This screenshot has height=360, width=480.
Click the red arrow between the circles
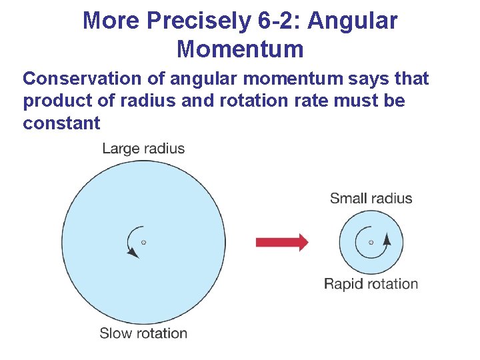282,242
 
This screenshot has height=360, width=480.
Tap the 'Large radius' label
143,148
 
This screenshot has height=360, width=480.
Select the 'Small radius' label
371,198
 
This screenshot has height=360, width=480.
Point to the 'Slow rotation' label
143,333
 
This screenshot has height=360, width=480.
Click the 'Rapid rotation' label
371,284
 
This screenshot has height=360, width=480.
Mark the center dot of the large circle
143,242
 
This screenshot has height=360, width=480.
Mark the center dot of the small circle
371,242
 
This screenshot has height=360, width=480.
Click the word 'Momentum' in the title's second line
240,49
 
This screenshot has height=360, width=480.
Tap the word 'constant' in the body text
61,123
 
